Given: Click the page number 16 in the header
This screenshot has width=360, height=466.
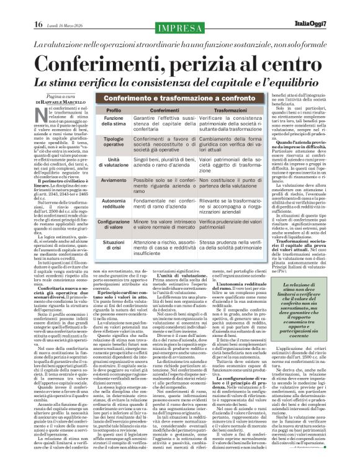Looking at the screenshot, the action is pos(38,24).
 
